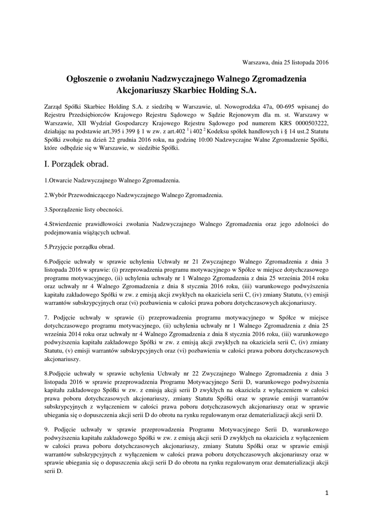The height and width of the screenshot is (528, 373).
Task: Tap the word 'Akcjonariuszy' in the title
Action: point(142,90)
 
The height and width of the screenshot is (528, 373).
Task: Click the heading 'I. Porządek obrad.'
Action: point(77,164)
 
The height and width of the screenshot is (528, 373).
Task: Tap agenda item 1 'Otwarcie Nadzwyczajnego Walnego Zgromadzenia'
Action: point(113,181)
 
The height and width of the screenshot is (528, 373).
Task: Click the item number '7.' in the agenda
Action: point(47,317)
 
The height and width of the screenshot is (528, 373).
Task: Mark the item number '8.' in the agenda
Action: point(46,372)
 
